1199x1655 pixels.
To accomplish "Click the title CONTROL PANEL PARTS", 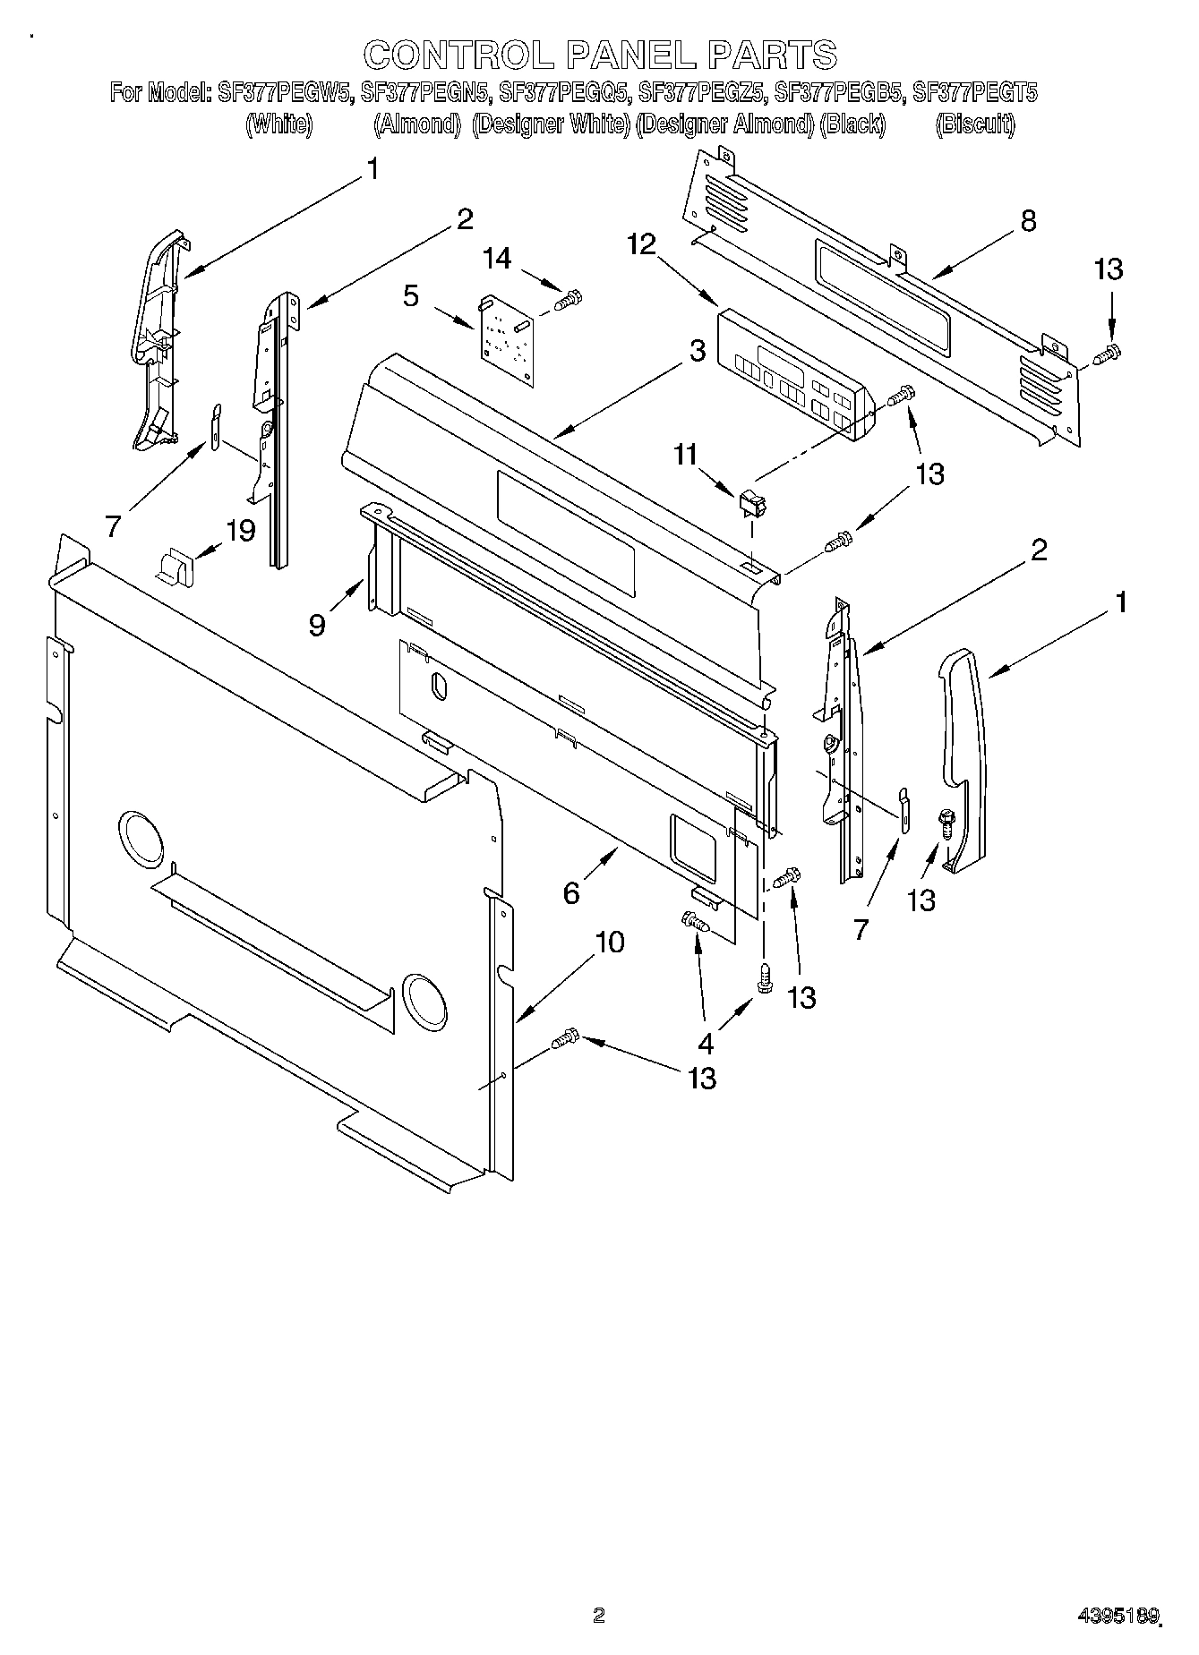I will (x=599, y=55).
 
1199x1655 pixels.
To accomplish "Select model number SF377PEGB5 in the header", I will (x=840, y=92).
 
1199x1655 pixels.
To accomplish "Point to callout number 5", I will (x=411, y=296).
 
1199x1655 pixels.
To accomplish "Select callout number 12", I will (x=642, y=243).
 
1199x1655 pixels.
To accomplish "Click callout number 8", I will (x=1028, y=221).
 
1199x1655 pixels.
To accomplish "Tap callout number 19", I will (x=241, y=530).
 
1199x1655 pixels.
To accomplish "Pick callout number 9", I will (x=317, y=624).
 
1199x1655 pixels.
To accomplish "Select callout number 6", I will (x=571, y=891).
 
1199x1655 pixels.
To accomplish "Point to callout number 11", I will (x=685, y=455).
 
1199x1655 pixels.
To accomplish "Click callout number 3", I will (x=697, y=352).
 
